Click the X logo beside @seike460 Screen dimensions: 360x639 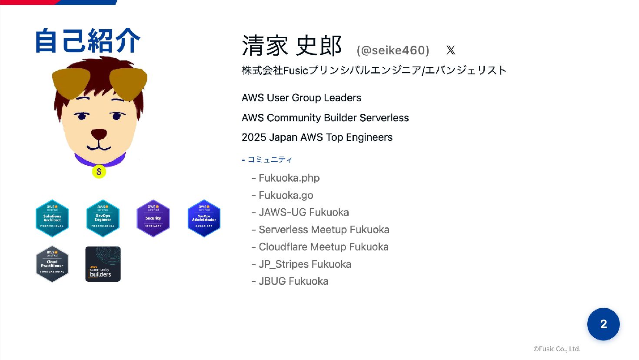pos(451,50)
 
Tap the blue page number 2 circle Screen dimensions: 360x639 pos(603,324)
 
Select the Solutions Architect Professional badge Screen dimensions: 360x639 pos(52,218)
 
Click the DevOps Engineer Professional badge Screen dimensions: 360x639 pos(103,218)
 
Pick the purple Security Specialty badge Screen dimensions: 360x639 pos(153,218)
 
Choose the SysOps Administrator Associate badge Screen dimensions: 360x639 pos(204,218)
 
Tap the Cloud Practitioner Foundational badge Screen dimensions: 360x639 pos(52,264)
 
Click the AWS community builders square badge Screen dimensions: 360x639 pos(103,264)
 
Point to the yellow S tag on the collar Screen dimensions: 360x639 pos(99,172)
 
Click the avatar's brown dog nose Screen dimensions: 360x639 pos(99,134)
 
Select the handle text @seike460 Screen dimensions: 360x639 pos(393,50)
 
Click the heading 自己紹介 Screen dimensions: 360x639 pos(88,41)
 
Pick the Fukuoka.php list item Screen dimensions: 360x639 pos(289,178)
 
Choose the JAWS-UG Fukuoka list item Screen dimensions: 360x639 pos(304,212)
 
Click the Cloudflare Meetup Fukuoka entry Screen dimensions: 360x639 pos(323,247)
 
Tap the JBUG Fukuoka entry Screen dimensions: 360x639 pos(293,281)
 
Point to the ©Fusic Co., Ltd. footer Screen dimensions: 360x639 pos(557,349)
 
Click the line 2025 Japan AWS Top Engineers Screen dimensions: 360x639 pos(317,137)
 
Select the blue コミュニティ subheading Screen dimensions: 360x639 pos(270,160)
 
